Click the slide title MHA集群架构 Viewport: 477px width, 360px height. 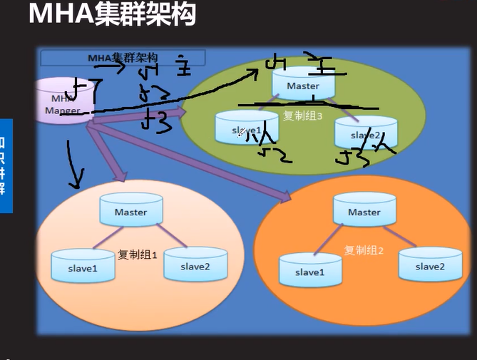point(112,14)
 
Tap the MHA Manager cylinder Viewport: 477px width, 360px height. point(62,102)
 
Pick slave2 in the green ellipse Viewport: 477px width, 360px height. point(365,133)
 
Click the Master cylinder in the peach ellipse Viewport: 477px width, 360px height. point(130,212)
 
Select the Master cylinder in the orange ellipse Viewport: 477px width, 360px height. point(364,212)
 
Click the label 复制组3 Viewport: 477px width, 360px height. point(304,116)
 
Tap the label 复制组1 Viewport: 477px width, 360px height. point(137,254)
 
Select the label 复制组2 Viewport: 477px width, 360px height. point(364,250)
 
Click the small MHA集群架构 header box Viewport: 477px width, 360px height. point(123,58)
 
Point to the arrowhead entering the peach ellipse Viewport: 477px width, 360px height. point(121,175)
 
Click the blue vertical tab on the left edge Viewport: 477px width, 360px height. point(6,165)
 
